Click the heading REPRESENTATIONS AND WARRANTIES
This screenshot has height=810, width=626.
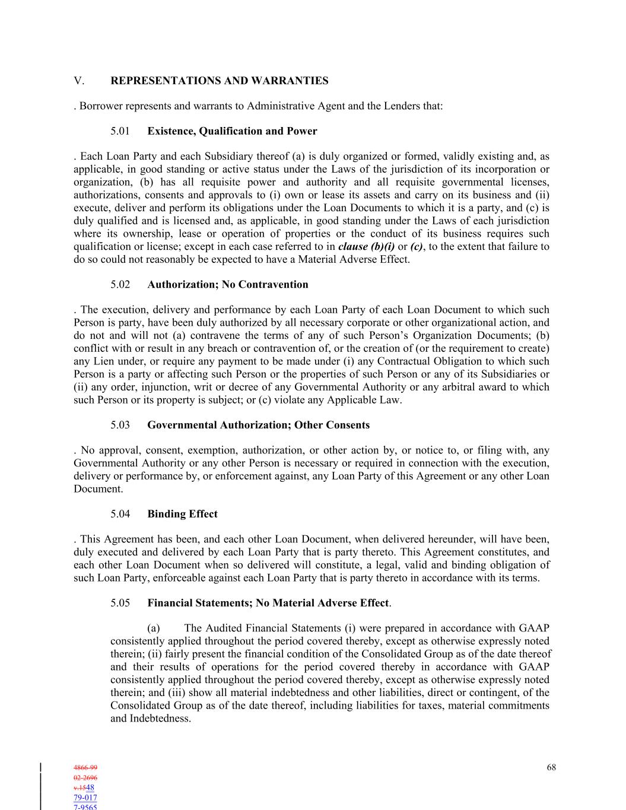(x=220, y=81)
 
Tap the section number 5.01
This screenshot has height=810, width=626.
(x=120, y=131)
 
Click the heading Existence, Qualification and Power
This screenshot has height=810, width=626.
(x=232, y=131)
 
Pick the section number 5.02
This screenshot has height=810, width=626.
(x=120, y=284)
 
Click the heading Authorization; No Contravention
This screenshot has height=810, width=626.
(x=228, y=284)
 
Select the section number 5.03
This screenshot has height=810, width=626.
(x=120, y=425)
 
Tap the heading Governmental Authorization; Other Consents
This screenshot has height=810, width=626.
(x=258, y=425)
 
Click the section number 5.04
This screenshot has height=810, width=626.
(x=120, y=514)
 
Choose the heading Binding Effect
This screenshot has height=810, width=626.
(x=182, y=514)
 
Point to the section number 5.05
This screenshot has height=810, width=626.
(x=120, y=603)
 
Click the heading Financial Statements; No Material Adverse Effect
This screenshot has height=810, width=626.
(x=268, y=603)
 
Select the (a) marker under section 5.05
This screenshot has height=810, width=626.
(x=153, y=628)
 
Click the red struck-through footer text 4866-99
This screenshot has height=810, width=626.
(x=85, y=767)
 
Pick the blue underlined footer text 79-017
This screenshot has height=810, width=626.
(x=85, y=798)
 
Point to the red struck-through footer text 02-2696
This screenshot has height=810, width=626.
(x=85, y=777)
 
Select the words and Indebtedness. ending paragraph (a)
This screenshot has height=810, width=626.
(x=151, y=719)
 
